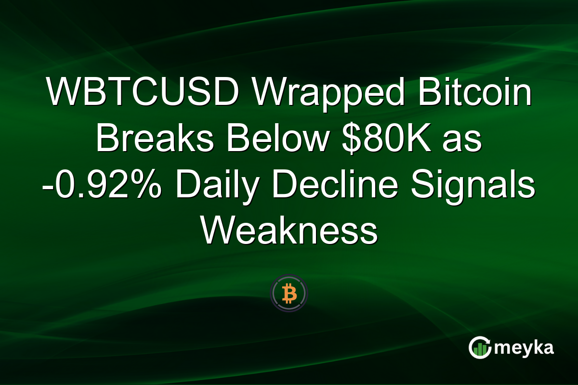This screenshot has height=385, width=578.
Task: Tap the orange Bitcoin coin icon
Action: click(x=289, y=293)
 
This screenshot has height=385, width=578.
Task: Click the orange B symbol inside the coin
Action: click(x=289, y=293)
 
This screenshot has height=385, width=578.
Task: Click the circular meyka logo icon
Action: click(x=479, y=348)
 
